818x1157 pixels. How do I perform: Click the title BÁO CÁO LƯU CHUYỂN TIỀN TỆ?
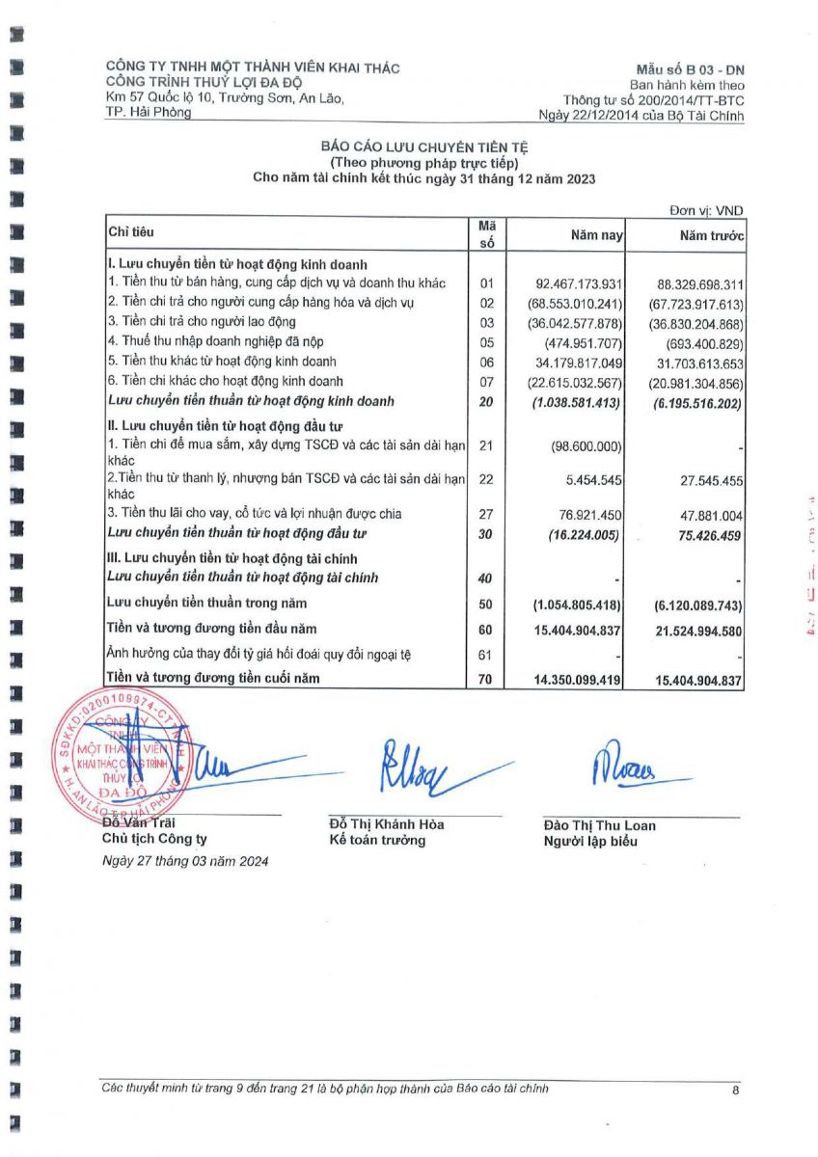(x=424, y=147)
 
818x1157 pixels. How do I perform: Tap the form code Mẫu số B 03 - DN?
(x=690, y=68)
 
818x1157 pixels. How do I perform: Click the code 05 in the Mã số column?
(x=486, y=342)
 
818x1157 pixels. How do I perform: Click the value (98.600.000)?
(x=586, y=446)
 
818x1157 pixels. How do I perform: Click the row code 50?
(x=486, y=605)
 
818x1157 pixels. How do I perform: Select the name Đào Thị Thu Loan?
(x=599, y=825)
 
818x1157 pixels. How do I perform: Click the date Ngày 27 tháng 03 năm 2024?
(x=186, y=861)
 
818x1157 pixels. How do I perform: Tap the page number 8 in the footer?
(x=735, y=1090)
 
